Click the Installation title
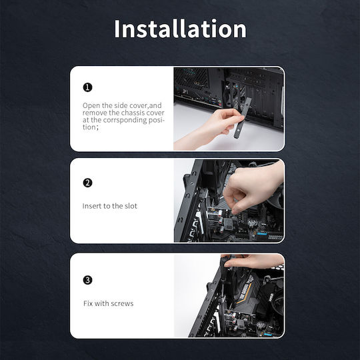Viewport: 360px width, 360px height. click(x=180, y=29)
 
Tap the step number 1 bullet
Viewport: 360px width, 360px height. click(x=87, y=87)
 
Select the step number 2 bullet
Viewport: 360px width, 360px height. click(x=87, y=183)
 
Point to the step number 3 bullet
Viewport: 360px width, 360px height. click(x=87, y=280)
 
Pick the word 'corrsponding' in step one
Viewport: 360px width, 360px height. click(x=125, y=120)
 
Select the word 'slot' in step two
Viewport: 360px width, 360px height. click(x=131, y=206)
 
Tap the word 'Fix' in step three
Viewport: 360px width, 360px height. click(x=88, y=303)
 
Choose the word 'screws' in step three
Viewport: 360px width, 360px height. click(x=123, y=304)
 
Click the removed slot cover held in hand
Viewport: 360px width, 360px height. click(x=242, y=118)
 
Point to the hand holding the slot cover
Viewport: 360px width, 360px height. click(x=213, y=129)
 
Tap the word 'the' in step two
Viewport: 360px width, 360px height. click(x=117, y=206)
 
